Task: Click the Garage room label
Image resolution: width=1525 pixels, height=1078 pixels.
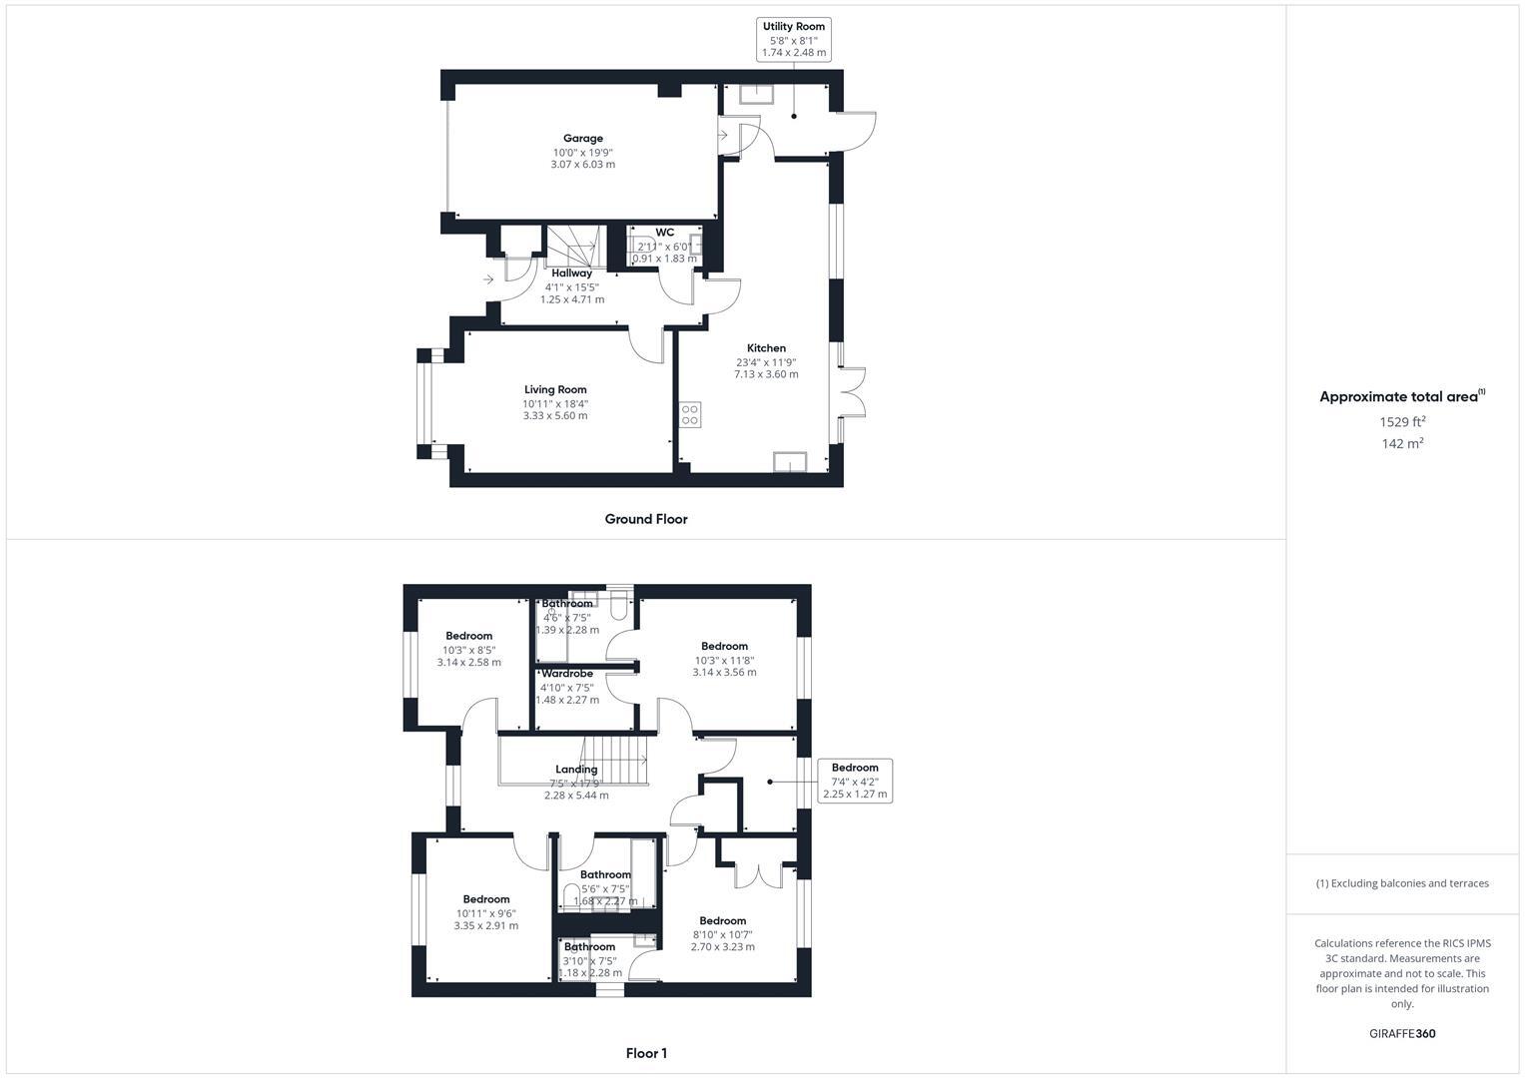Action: (583, 139)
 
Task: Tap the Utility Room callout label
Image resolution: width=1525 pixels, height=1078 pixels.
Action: (794, 26)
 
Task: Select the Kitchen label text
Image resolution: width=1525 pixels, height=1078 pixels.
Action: (766, 348)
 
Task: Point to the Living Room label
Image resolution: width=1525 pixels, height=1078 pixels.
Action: (555, 389)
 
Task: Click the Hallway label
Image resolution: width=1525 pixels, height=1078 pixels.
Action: (572, 272)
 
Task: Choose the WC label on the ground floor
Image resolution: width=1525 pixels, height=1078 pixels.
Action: (665, 233)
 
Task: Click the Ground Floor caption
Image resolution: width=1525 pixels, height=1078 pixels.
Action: (646, 519)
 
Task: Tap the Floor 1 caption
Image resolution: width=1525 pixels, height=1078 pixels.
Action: (646, 1053)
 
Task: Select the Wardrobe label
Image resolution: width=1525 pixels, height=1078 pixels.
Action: (567, 674)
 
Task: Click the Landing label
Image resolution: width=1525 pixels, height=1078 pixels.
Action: (576, 770)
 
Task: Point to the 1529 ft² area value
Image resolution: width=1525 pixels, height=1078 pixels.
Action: (1402, 421)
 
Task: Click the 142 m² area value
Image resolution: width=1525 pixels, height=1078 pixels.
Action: (1402, 443)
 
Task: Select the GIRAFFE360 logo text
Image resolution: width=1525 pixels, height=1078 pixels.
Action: (1401, 1034)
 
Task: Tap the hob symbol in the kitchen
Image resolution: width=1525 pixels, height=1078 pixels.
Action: (690, 414)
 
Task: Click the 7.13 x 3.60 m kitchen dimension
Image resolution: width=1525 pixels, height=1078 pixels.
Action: (766, 374)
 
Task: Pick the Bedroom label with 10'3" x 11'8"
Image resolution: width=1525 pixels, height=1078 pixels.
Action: (724, 646)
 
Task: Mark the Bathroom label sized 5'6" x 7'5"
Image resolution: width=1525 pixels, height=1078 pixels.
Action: (605, 874)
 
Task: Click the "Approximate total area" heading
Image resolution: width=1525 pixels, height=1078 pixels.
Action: (1398, 396)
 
